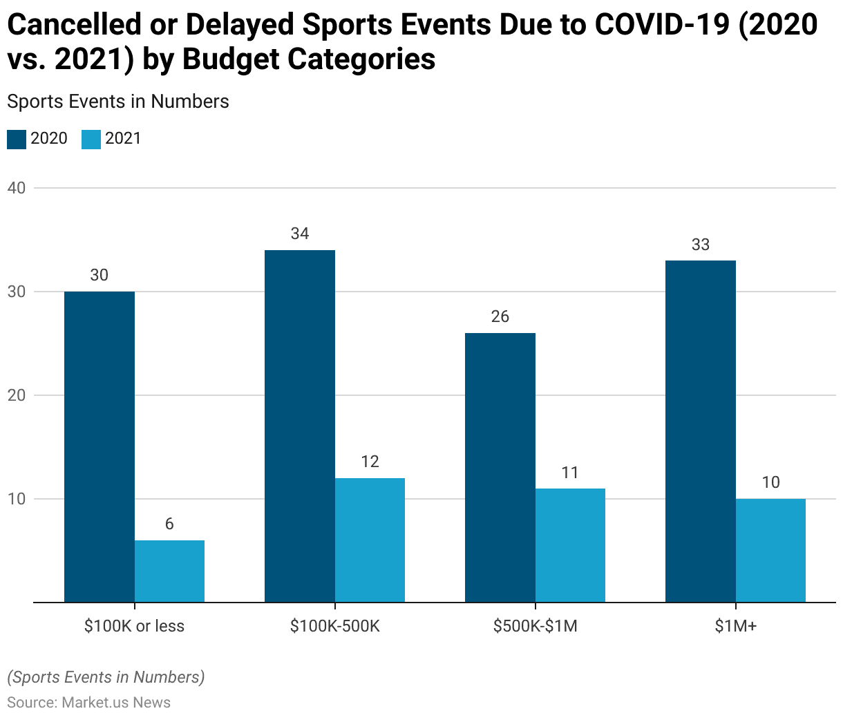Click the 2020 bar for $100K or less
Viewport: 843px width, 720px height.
pyautogui.click(x=100, y=446)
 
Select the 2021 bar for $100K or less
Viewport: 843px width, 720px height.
pyautogui.click(x=169, y=571)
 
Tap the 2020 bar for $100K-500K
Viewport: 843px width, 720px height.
pyautogui.click(x=300, y=426)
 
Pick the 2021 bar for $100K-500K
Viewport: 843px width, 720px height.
pyautogui.click(x=370, y=540)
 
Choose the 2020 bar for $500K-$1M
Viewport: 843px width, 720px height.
pyautogui.click(x=500, y=467)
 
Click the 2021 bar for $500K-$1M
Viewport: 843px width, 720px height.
pyautogui.click(x=570, y=545)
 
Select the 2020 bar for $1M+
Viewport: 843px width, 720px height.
pyautogui.click(x=701, y=431)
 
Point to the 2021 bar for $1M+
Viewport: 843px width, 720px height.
pyautogui.click(x=770, y=550)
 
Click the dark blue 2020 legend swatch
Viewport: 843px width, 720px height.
pyautogui.click(x=17, y=139)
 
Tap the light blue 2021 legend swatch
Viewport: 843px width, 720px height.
pyautogui.click(x=91, y=139)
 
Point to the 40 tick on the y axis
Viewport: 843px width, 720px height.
pyautogui.click(x=17, y=188)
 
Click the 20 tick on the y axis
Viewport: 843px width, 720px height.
pyautogui.click(x=17, y=395)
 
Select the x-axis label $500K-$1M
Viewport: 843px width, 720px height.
pyautogui.click(x=536, y=626)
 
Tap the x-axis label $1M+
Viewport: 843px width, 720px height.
pyautogui.click(x=736, y=626)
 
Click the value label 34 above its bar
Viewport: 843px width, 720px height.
pyautogui.click(x=300, y=234)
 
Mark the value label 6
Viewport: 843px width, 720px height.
pyautogui.click(x=169, y=524)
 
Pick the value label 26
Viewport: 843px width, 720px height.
pyautogui.click(x=500, y=316)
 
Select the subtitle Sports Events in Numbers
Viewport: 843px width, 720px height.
pyautogui.click(x=118, y=102)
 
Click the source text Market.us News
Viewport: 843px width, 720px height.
pyautogui.click(x=116, y=703)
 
